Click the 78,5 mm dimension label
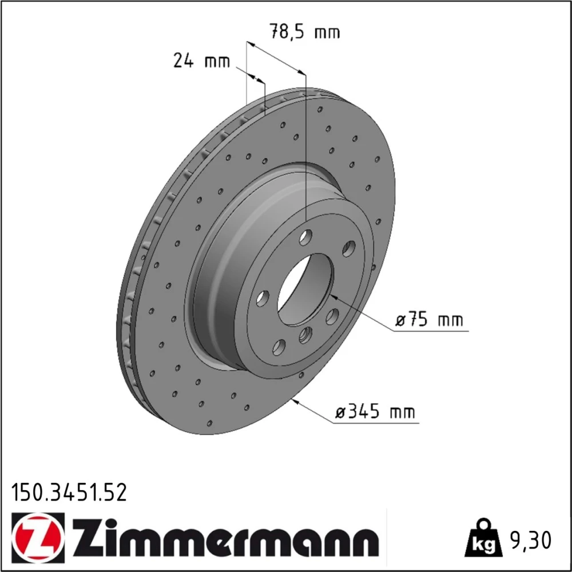pyautogui.click(x=305, y=31)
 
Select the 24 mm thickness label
pyautogui.click(x=202, y=61)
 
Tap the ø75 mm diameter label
pyautogui.click(x=429, y=320)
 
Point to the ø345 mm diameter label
pyautogui.click(x=375, y=411)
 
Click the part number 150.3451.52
pyautogui.click(x=69, y=492)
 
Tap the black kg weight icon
pyautogui.click(x=483, y=539)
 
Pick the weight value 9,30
pyautogui.click(x=529, y=541)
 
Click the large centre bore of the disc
pyautogui.click(x=305, y=289)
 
